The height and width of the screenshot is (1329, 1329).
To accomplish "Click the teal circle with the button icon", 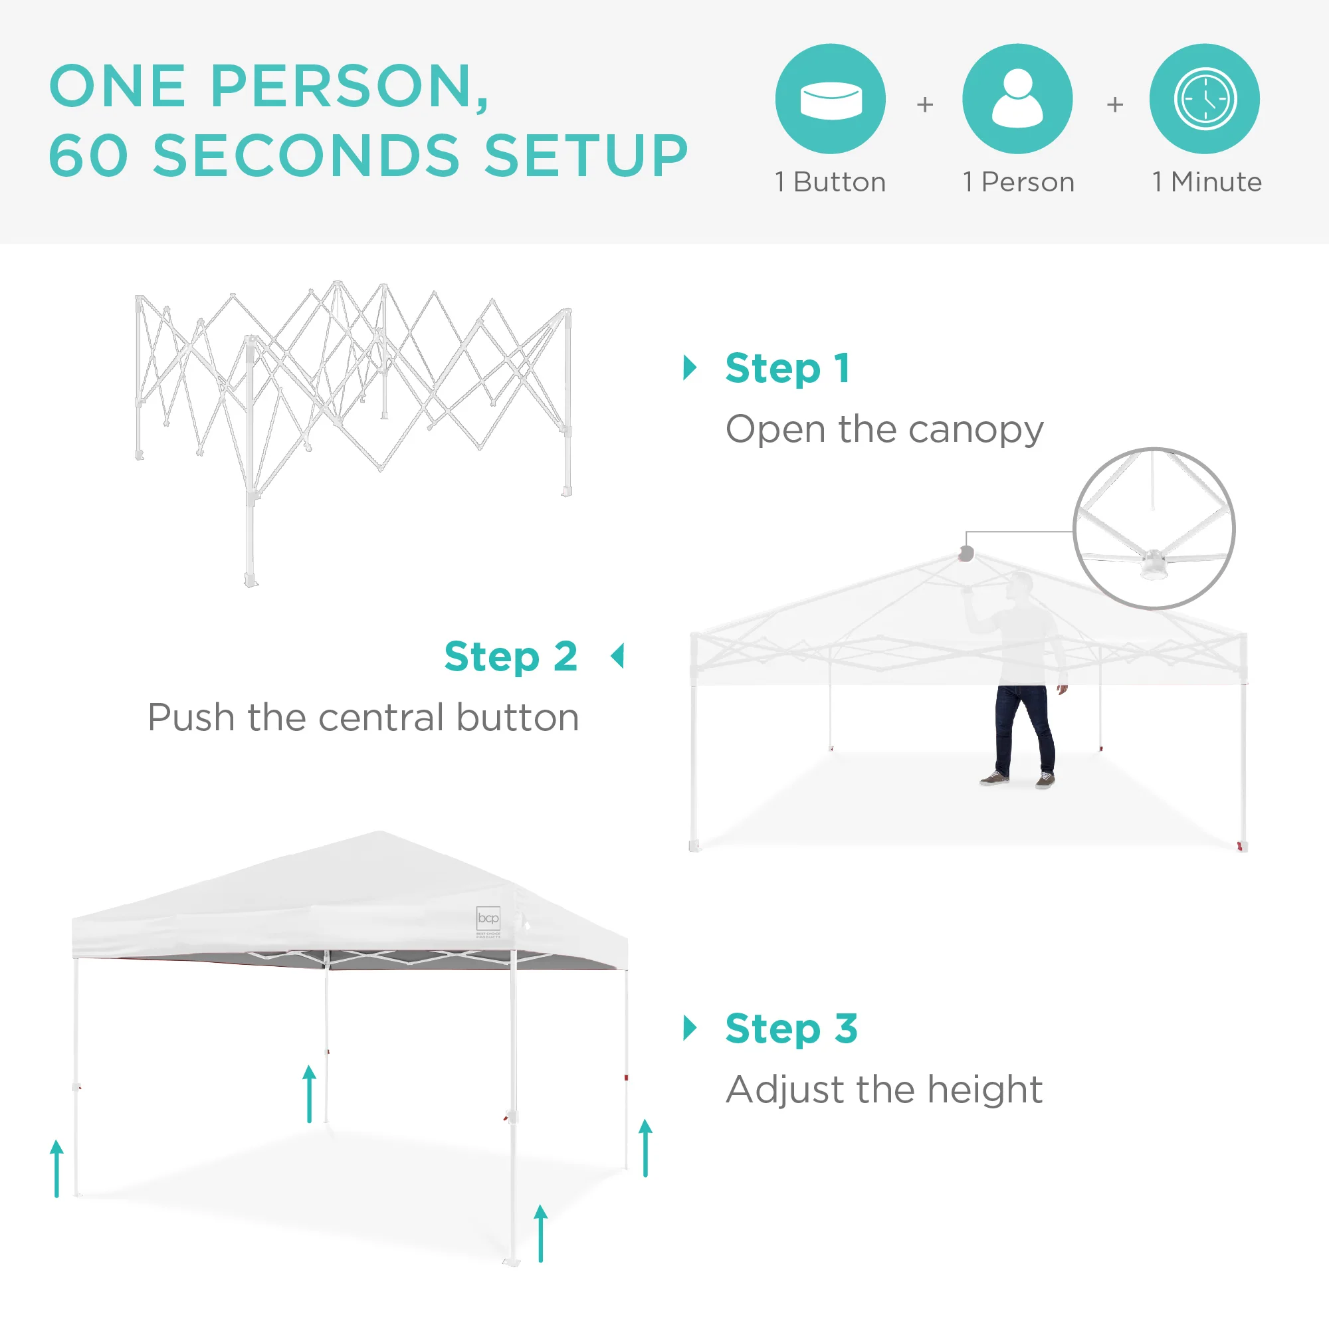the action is (x=830, y=99).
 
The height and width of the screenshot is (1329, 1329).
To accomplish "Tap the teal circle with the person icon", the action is (x=1017, y=99).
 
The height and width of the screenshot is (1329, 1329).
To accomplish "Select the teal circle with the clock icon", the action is (x=1205, y=99).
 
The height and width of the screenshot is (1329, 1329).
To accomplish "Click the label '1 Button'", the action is (x=830, y=182).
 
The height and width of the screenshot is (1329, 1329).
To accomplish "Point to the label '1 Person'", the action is (x=1019, y=182).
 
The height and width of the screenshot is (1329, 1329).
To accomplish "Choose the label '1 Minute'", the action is (x=1207, y=182).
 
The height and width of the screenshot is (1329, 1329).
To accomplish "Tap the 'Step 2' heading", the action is (x=510, y=657).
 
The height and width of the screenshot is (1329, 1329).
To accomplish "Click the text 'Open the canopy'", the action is (x=884, y=431).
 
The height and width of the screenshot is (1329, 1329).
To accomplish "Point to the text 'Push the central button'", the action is (x=363, y=718).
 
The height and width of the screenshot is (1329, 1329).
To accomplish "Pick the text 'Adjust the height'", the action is (x=884, y=1090).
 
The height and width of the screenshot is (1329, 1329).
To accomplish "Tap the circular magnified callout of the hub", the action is (x=1154, y=528).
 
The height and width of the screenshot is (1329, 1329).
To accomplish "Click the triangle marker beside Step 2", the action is (x=617, y=657).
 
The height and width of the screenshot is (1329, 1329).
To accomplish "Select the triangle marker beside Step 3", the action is (x=690, y=1028).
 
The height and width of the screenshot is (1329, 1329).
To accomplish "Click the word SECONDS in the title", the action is (x=306, y=155).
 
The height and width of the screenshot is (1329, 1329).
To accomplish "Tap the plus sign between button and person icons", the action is (x=925, y=104).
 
